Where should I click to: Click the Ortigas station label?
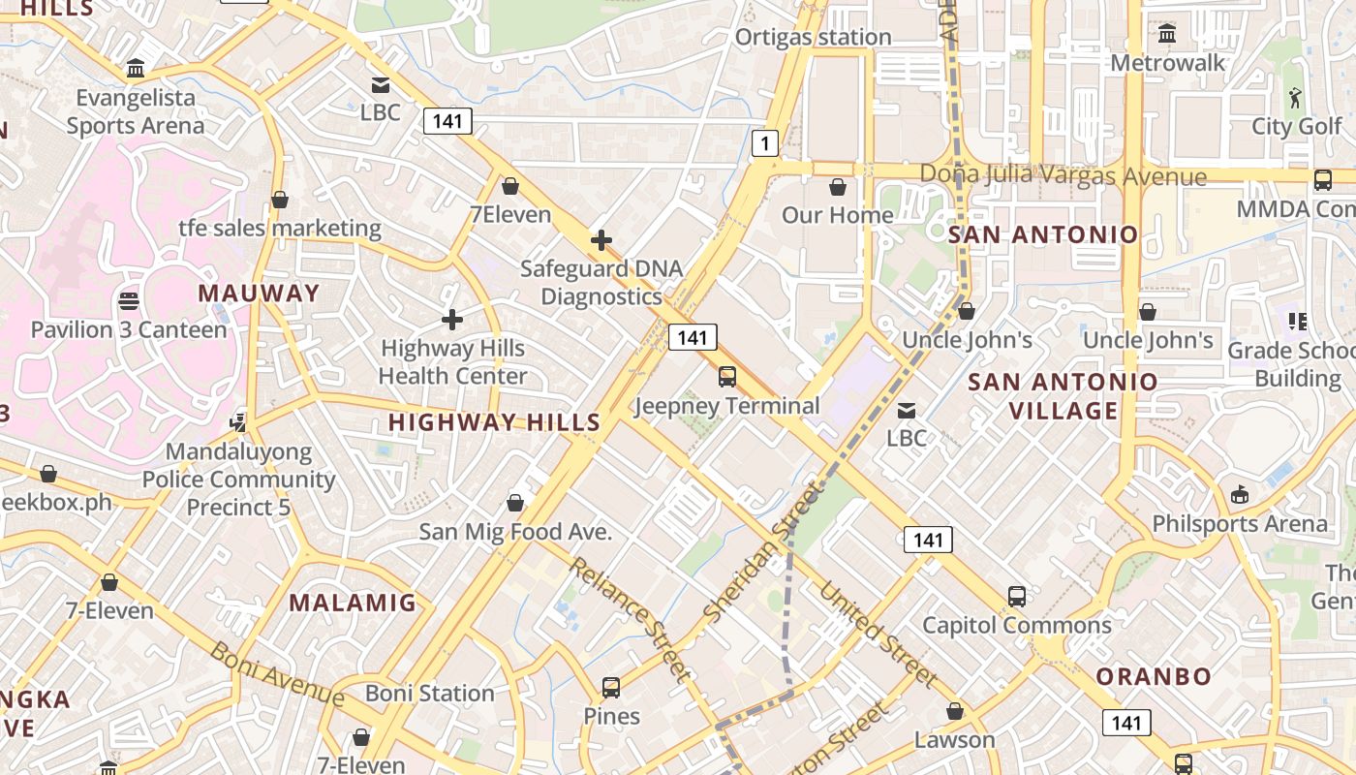tap(813, 37)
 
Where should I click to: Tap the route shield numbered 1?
tap(765, 144)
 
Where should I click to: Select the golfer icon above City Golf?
tap(1296, 97)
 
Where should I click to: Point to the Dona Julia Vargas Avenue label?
tap(1063, 175)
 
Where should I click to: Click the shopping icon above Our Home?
tap(838, 186)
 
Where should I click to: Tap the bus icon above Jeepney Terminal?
tap(726, 377)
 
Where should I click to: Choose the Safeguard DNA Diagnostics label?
tap(601, 282)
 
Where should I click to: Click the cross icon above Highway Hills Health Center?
tap(451, 319)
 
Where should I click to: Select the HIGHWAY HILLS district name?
tap(494, 422)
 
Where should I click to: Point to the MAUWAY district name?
tap(259, 293)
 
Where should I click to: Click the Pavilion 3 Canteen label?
tap(129, 329)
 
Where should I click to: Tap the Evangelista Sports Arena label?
tap(136, 111)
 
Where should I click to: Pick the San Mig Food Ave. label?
tap(515, 532)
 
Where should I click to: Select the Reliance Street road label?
tap(629, 618)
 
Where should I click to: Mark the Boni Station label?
tap(430, 694)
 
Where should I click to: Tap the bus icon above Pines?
tap(611, 688)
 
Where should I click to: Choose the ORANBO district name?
tap(1153, 676)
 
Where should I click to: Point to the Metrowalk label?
tap(1167, 63)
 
